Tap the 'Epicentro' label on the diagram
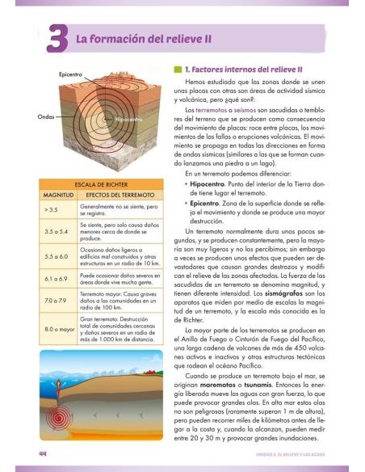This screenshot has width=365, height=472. (71, 74)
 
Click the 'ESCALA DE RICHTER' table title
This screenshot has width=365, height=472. (98, 184)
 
